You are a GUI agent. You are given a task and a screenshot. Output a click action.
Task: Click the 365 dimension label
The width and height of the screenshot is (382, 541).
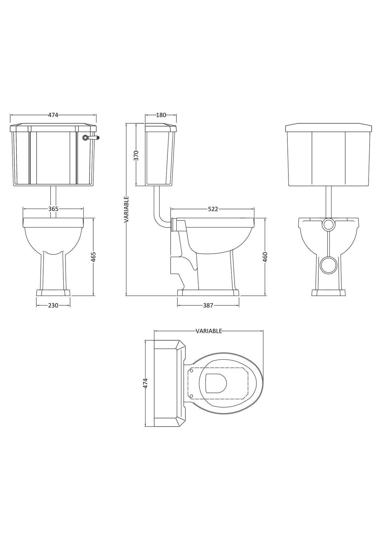click(53, 209)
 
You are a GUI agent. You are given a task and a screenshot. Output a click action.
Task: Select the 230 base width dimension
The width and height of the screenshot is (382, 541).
click(53, 305)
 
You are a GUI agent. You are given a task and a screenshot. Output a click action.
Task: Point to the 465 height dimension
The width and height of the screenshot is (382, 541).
click(93, 257)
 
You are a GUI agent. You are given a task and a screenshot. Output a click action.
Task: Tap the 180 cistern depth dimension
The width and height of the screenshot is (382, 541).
click(161, 115)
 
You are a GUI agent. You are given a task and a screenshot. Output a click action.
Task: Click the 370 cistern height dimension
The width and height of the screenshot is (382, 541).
click(136, 155)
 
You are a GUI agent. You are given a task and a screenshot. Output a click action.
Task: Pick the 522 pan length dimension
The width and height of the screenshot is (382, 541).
click(213, 209)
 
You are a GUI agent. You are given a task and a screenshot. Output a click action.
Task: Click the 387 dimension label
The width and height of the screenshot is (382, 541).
click(208, 305)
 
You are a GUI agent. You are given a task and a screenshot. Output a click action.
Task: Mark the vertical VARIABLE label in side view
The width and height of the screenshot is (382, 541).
click(126, 209)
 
